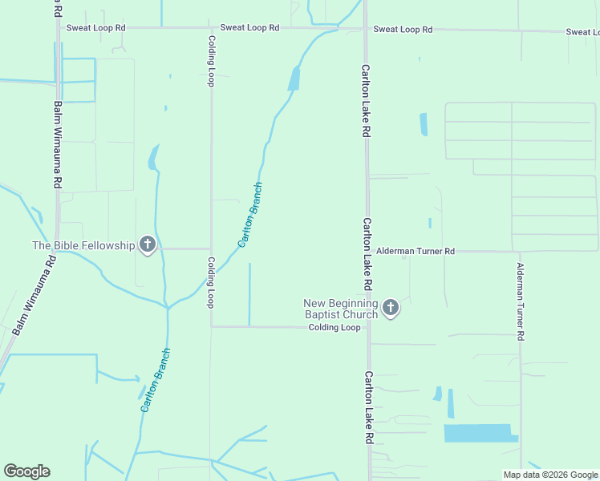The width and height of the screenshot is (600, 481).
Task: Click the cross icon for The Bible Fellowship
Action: pyautogui.click(x=147, y=245)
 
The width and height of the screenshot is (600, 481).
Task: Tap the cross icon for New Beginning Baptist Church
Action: pyautogui.click(x=391, y=308)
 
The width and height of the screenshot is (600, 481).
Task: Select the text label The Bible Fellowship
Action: pyautogui.click(x=83, y=245)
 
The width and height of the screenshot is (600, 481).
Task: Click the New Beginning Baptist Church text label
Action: pyautogui.click(x=341, y=309)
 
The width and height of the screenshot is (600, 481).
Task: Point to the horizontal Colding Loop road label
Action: pyautogui.click(x=334, y=327)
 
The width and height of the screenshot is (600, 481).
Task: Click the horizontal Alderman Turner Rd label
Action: pyautogui.click(x=416, y=251)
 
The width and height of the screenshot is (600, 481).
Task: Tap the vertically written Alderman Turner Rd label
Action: pyautogui.click(x=521, y=302)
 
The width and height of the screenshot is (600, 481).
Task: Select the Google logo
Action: pyautogui.click(x=26, y=471)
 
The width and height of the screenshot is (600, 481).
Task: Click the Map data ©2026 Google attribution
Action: pyautogui.click(x=549, y=475)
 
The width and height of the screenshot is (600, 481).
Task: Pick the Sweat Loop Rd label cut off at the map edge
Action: pyautogui.click(x=582, y=32)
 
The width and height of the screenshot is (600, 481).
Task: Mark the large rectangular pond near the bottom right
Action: pyautogui.click(x=478, y=433)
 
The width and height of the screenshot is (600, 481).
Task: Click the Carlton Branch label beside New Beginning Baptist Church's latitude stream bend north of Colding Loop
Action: pyautogui.click(x=250, y=215)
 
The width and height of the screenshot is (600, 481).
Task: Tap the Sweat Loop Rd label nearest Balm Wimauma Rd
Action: pyautogui.click(x=96, y=27)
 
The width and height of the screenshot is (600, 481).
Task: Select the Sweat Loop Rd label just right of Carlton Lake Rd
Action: pyautogui.click(x=403, y=30)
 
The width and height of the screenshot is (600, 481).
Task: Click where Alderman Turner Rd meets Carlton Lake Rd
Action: pyautogui.click(x=367, y=251)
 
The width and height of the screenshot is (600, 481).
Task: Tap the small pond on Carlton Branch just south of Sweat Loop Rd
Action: pyautogui.click(x=294, y=78)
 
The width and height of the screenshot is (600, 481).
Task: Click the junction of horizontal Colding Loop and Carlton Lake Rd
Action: pyautogui.click(x=368, y=327)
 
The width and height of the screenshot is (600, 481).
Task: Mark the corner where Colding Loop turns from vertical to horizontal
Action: pyautogui.click(x=212, y=326)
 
